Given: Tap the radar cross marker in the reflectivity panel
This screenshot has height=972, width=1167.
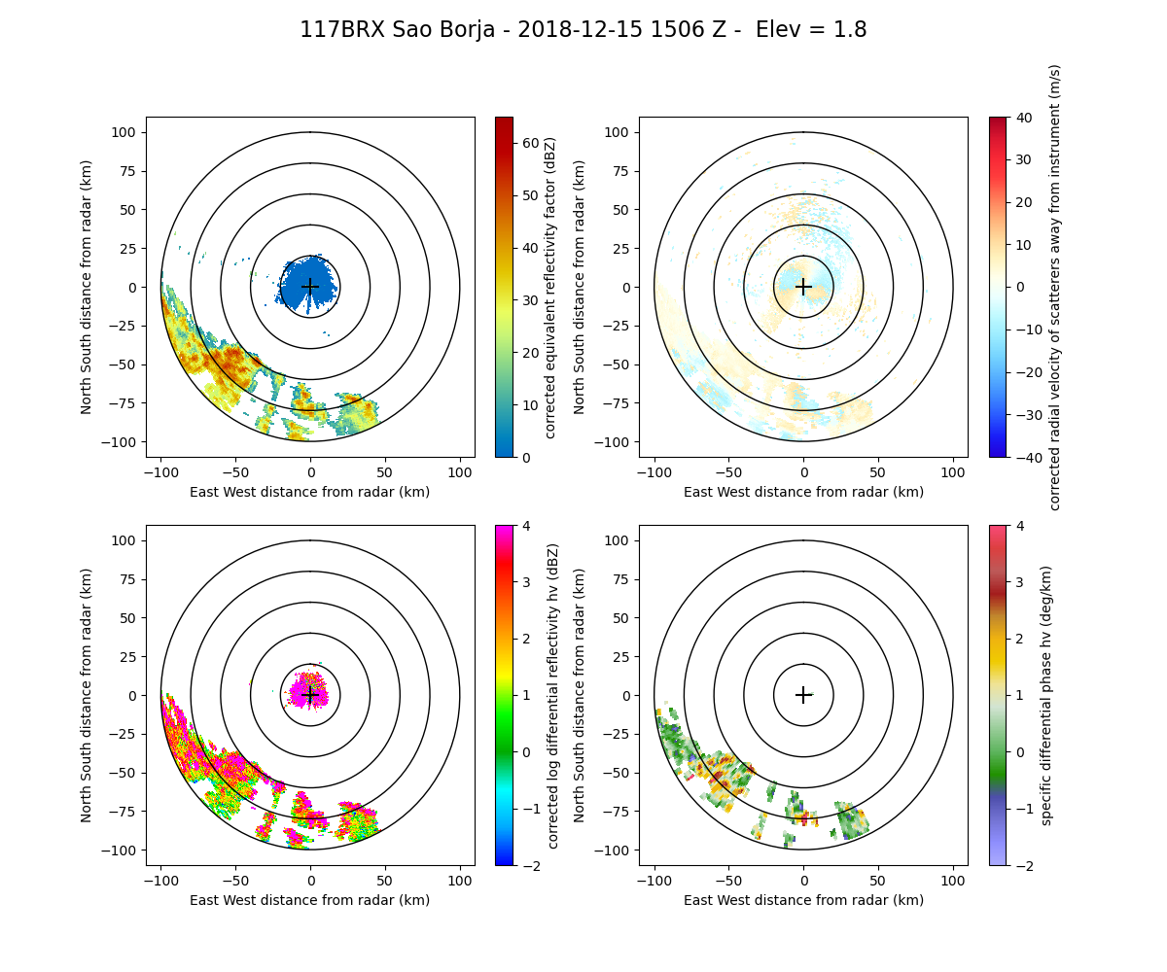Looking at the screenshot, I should coord(310,286).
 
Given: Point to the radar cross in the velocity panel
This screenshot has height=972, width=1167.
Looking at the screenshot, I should coord(803,286).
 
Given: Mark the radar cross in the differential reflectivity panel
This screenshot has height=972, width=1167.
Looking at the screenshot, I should coord(310,694).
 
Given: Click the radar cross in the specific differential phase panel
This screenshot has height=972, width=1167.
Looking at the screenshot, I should coord(803,694).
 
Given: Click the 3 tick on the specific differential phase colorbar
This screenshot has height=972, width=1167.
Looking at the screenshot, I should coord(1016,610).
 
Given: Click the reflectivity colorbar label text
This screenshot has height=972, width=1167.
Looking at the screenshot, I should coord(551,287).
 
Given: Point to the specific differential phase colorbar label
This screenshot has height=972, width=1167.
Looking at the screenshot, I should coord(1046,695).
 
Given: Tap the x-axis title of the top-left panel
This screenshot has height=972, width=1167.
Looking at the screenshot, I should coord(310,492).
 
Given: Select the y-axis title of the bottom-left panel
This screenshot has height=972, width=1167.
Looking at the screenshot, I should coord(87,695).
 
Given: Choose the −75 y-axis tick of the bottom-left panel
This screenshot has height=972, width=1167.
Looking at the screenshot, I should coord(127,812).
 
